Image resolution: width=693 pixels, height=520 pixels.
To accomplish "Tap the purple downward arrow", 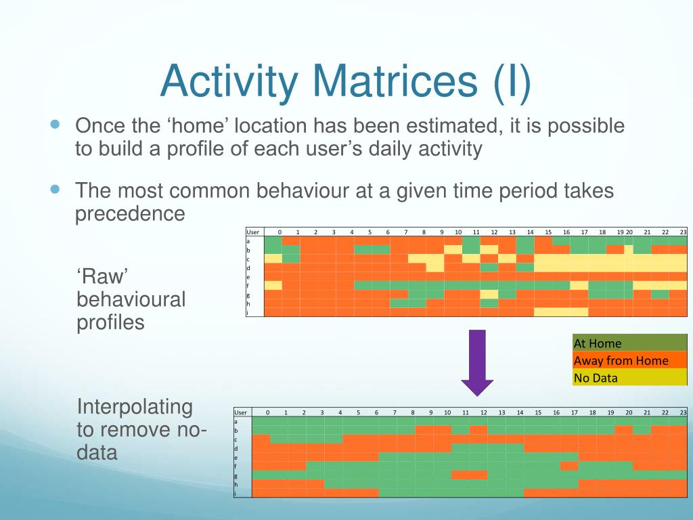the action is [x=477, y=363].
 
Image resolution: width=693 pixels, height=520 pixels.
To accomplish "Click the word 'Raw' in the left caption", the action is [x=102, y=277].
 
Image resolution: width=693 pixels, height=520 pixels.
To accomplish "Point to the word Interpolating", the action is [x=135, y=408].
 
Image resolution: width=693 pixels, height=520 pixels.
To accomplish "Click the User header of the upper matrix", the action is [x=253, y=232].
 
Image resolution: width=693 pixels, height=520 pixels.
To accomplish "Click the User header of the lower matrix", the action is [x=240, y=412].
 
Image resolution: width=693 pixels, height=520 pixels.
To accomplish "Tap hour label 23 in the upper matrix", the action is [x=684, y=232].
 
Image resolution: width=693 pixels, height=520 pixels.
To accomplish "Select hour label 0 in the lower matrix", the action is [x=268, y=412].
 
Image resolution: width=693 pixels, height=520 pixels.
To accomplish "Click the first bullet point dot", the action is [x=55, y=125].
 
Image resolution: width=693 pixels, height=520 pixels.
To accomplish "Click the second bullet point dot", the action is [x=55, y=190].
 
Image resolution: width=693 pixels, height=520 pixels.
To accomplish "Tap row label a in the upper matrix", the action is [x=248, y=241].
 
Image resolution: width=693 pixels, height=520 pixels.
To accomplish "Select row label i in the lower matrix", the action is [x=236, y=494].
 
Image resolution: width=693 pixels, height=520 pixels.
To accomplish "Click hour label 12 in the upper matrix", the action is [x=494, y=232].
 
